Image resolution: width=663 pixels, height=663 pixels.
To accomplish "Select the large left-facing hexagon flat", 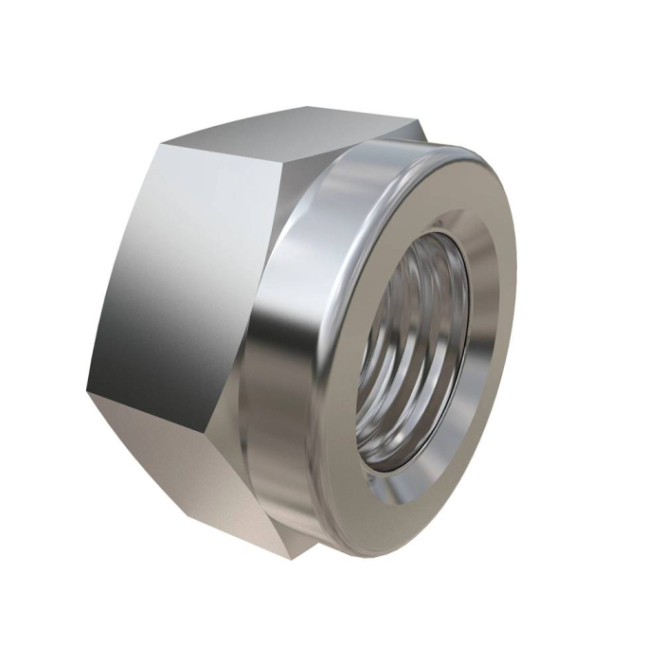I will click(180, 275).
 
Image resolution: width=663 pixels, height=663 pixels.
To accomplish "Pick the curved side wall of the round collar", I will click(284, 379).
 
